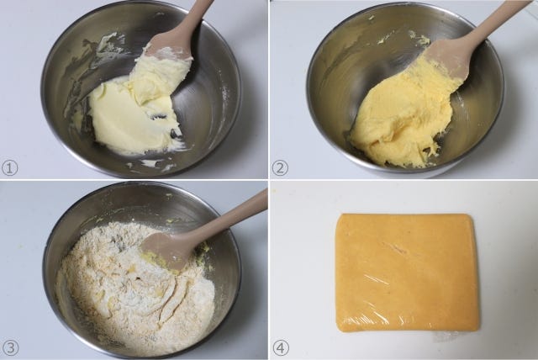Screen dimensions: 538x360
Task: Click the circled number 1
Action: (9, 168)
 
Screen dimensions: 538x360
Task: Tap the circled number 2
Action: (280, 168)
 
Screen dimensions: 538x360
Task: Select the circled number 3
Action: (10, 347)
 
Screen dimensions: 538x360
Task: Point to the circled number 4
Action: (281, 347)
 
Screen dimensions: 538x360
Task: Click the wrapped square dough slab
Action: (407, 273)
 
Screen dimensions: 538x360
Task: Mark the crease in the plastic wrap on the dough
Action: (394, 248)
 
